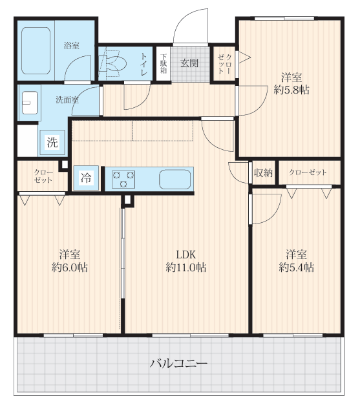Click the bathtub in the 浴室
(36, 50)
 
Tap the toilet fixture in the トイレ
(113, 63)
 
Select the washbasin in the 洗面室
(30, 103)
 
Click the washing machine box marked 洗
(52, 142)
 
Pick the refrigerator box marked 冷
(86, 178)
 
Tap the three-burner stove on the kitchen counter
(123, 180)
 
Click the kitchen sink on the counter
(175, 180)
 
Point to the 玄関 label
(189, 63)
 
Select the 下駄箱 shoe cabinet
(164, 63)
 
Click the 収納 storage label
(263, 173)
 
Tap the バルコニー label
(178, 364)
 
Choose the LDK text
(185, 254)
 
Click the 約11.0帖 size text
(185, 267)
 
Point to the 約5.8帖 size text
(291, 90)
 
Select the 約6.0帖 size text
(70, 267)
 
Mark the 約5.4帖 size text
(297, 267)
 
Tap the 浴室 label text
(72, 46)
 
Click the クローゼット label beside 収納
(308, 172)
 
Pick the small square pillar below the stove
(128, 200)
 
